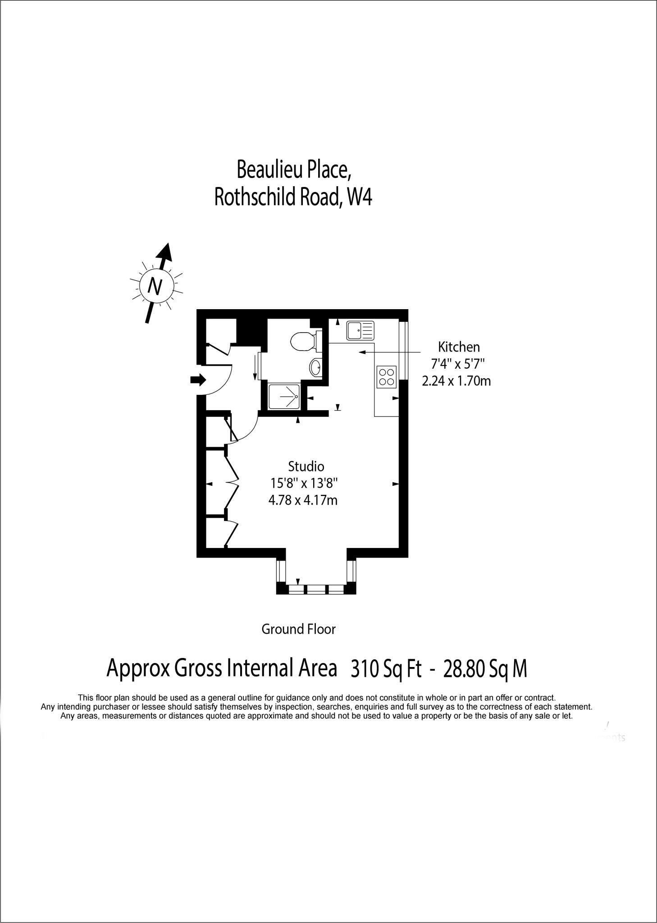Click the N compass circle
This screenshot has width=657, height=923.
coord(155,286)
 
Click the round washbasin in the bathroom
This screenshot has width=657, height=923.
coord(316,367)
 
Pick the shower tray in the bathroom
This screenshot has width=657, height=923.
coord(284,397)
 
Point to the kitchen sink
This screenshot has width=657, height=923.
coord(360,330)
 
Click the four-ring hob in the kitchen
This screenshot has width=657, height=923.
coord(386,377)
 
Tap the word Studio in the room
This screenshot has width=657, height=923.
coord(306,466)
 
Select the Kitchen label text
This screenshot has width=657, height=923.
coord(459,347)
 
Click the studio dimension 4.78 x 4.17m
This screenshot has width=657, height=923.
coord(303,500)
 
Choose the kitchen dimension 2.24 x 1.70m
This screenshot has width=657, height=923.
coord(456,381)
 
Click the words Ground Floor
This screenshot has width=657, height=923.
coord(298,629)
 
